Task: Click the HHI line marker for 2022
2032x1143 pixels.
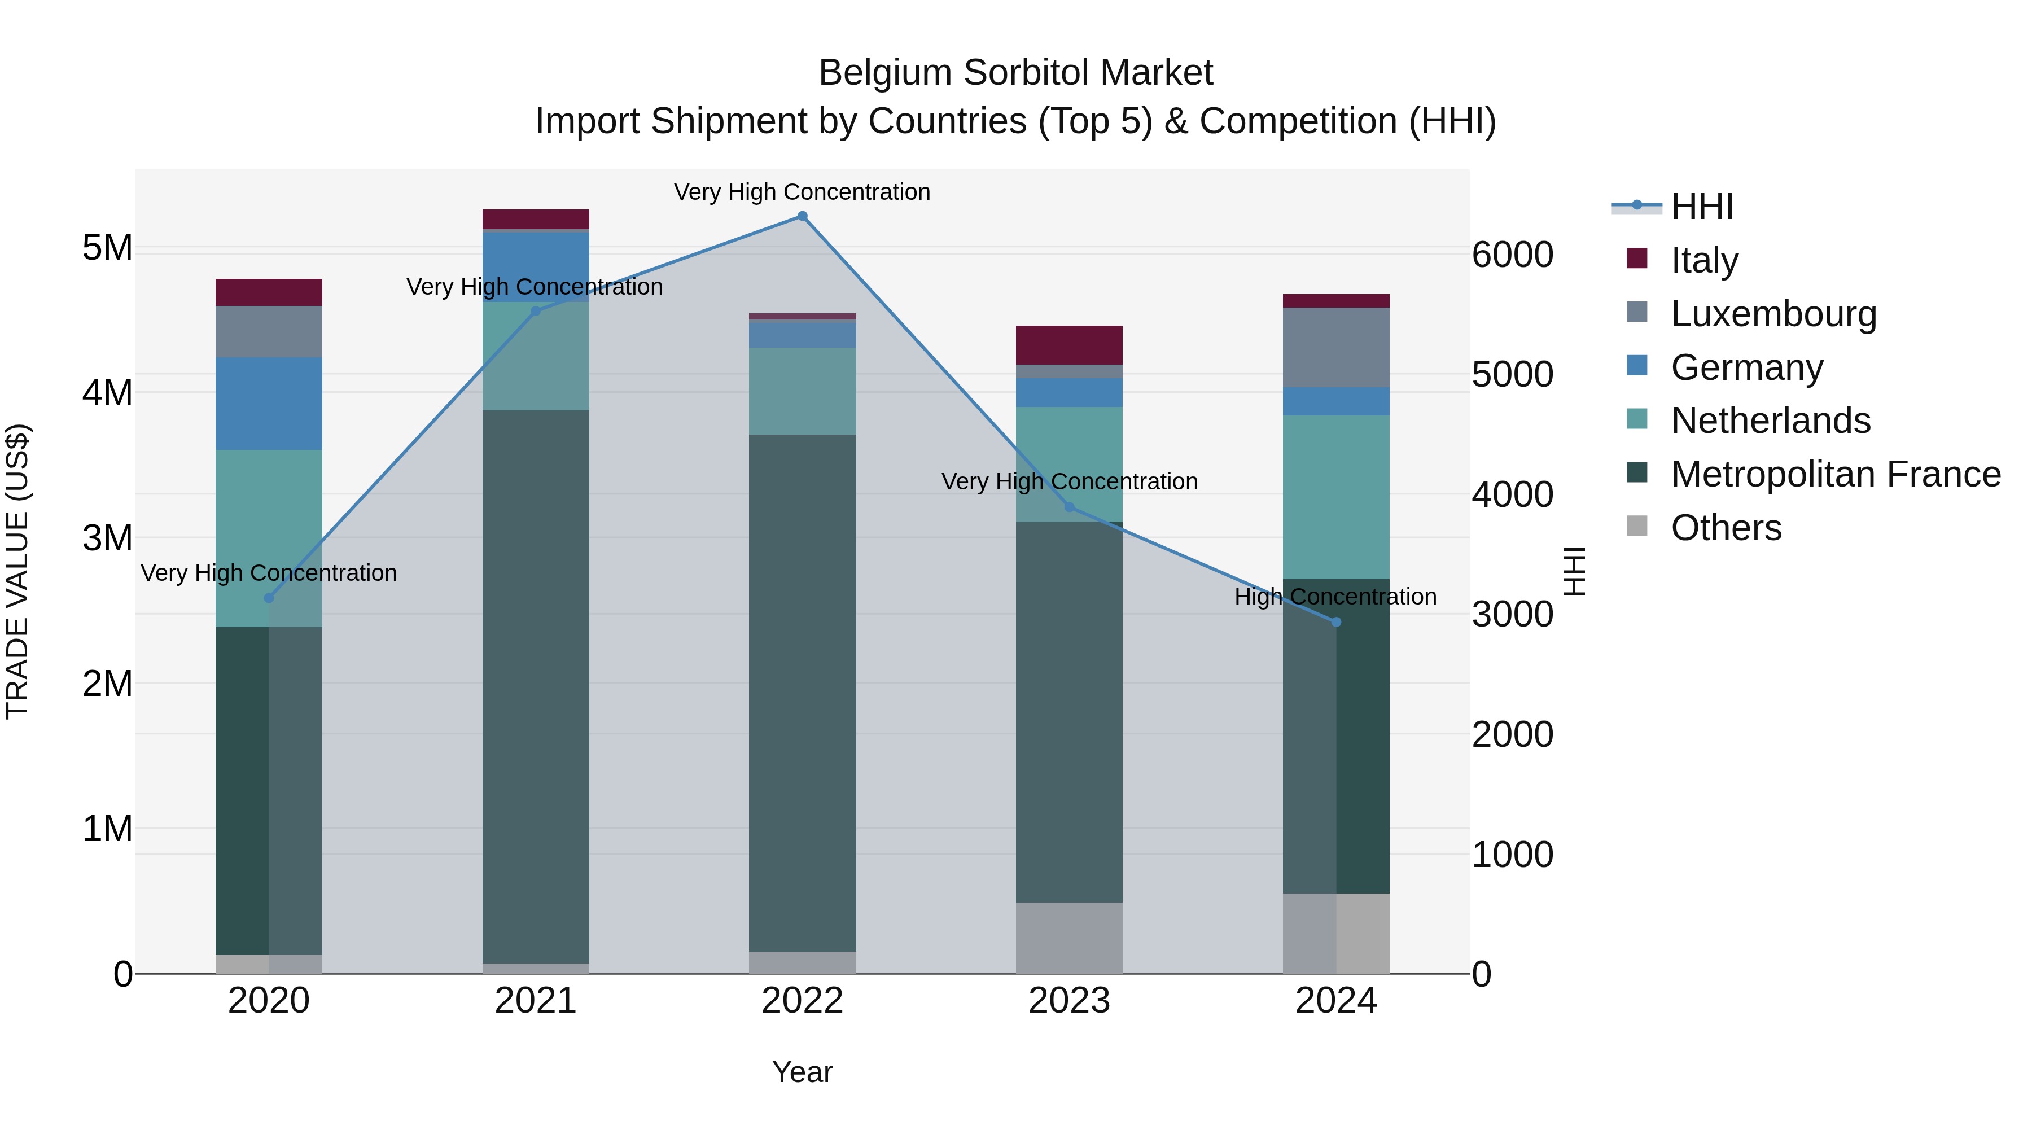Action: tap(802, 216)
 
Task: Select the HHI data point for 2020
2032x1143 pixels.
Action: tap(269, 598)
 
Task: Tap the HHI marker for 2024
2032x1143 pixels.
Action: tap(1336, 623)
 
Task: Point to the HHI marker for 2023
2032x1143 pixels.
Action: tap(1070, 507)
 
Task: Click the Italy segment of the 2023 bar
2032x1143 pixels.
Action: tap(1069, 345)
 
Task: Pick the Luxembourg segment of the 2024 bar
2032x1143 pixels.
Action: tap(1336, 347)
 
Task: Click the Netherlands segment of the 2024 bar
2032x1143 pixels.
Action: tap(1336, 497)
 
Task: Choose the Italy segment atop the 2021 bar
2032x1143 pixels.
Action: tap(536, 220)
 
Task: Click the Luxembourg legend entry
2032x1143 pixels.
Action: tap(1773, 314)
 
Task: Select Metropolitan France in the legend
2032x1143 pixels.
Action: tap(1836, 474)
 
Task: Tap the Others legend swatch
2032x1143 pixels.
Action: tap(1637, 526)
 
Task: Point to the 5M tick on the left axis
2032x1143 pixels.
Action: tap(108, 248)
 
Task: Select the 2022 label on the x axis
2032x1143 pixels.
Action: tap(802, 1001)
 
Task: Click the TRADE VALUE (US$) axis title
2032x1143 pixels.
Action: tap(18, 571)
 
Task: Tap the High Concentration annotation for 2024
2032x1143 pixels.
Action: tap(1335, 597)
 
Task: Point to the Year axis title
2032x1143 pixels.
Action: tap(802, 1072)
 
